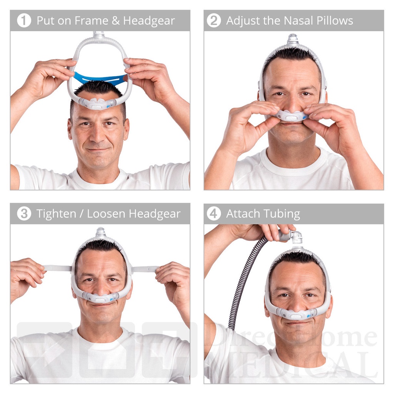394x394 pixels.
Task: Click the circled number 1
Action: pos(24,20)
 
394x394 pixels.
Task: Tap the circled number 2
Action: pos(214,20)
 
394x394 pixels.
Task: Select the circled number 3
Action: pos(24,214)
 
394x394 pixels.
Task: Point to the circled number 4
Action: pos(214,214)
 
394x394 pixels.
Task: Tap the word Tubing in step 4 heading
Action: pos(282,214)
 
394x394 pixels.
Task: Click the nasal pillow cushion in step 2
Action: pos(292,115)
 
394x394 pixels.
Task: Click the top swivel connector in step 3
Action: pos(100,232)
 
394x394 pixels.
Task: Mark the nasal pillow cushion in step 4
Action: pos(296,314)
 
